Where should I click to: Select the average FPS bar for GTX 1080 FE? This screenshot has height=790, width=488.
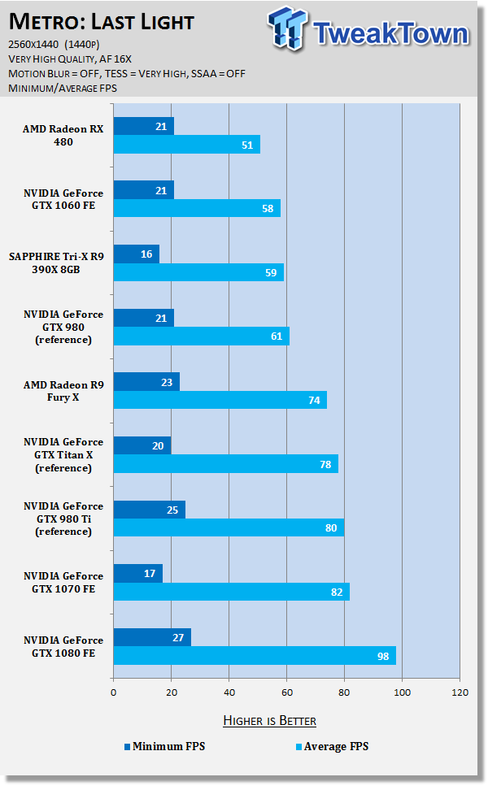click(255, 656)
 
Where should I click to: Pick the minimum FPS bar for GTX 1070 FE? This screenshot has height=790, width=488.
click(138, 573)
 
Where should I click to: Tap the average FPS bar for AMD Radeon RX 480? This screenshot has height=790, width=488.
click(186, 145)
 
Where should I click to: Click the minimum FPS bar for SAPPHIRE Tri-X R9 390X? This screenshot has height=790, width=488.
click(137, 254)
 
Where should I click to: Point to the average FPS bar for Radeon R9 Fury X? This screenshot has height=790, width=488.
click(220, 400)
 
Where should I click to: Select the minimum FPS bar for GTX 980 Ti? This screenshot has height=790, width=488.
click(150, 510)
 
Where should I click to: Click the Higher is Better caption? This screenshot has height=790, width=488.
click(269, 721)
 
